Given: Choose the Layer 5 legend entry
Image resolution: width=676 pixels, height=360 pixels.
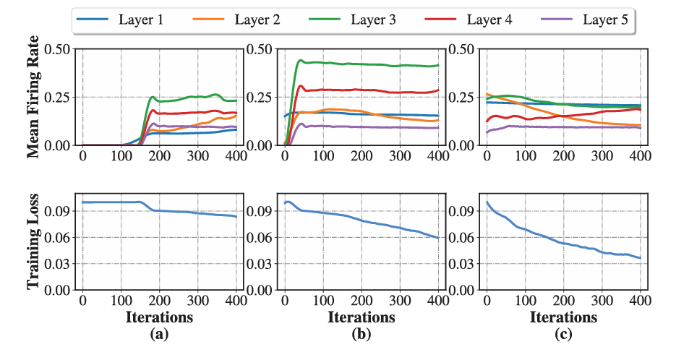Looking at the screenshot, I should (x=602, y=20).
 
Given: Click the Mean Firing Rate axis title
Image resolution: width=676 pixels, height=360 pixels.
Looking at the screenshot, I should (x=33, y=98).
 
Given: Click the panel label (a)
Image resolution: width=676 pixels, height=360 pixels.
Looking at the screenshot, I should (x=159, y=335).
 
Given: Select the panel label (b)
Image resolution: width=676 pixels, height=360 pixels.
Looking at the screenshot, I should (x=361, y=335).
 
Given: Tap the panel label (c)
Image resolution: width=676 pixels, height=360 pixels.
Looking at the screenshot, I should (x=564, y=335).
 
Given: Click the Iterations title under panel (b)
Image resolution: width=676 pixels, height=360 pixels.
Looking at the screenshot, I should (x=361, y=317).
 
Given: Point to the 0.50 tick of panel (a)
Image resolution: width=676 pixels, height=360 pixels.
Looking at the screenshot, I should (x=59, y=49).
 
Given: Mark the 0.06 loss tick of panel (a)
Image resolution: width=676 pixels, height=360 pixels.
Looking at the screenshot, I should (x=59, y=237).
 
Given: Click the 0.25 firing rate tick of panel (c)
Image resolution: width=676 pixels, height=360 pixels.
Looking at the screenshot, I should (x=463, y=97).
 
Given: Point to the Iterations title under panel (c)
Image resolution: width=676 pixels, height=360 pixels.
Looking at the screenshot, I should (x=564, y=317).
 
